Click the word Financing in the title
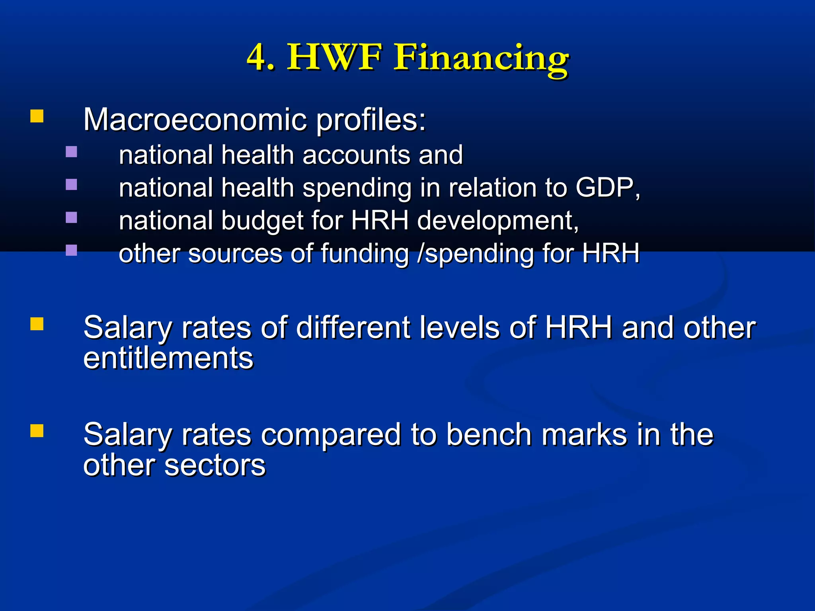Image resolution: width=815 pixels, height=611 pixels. pyautogui.click(x=481, y=58)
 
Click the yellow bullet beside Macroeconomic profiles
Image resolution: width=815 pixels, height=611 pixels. pyautogui.click(x=37, y=117)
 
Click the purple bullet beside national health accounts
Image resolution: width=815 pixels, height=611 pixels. pyautogui.click(x=71, y=152)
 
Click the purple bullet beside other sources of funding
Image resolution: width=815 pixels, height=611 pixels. pyautogui.click(x=71, y=250)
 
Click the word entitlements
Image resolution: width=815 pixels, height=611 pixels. pyautogui.click(x=168, y=358)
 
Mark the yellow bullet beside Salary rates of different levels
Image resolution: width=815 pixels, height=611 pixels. pyautogui.click(x=37, y=324)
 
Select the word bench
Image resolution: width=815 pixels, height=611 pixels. pyautogui.click(x=489, y=434)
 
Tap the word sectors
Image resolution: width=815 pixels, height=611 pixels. pyautogui.click(x=215, y=465)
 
